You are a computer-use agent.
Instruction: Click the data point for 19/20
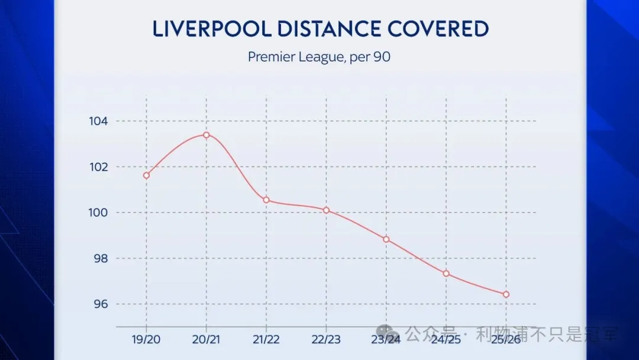pos(146,175)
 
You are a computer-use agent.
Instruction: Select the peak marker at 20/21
pos(206,135)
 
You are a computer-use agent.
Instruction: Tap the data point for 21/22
pos(266,200)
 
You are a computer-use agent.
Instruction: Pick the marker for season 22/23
pos(326,210)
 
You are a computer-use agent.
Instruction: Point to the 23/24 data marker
pos(386,239)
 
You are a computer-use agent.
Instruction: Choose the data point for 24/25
pos(446,274)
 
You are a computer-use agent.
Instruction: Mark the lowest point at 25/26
pos(506,294)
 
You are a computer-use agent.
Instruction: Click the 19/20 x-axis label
pos(146,339)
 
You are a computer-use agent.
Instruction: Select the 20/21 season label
pos(206,339)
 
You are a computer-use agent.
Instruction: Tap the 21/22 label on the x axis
pos(266,339)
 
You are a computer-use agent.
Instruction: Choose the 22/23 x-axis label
pos(326,339)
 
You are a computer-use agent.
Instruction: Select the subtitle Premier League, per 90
pos(319,57)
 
